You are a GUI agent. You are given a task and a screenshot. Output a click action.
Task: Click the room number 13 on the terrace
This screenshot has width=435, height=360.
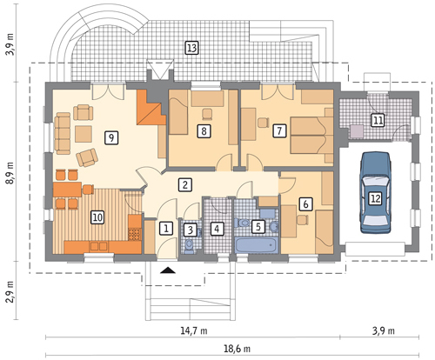click(191, 48)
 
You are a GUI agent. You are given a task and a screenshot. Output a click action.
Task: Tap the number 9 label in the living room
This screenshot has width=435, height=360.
click(111, 137)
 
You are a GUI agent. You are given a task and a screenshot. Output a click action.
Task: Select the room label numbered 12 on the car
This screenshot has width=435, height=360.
click(375, 198)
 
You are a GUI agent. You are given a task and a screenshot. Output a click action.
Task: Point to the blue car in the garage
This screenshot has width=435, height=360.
click(375, 192)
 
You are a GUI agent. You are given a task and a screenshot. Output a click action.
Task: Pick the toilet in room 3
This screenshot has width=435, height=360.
click(190, 246)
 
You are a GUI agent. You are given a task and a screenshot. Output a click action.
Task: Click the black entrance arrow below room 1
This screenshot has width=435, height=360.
click(168, 270)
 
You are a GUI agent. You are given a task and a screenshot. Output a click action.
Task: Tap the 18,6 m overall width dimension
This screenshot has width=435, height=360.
click(237, 349)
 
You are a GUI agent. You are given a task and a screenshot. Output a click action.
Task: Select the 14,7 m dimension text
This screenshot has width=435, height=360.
click(194, 330)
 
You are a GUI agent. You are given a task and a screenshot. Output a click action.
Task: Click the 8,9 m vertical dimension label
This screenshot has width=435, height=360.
click(10, 173)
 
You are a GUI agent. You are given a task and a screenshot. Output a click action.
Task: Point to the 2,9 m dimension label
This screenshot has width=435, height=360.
click(10, 291)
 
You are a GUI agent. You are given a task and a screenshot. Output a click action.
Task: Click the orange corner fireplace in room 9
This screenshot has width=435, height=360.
click(151, 107)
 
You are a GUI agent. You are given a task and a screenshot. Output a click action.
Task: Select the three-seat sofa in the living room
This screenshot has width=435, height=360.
click(63, 133)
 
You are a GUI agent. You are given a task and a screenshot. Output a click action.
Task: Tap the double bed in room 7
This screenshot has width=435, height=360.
click(312, 135)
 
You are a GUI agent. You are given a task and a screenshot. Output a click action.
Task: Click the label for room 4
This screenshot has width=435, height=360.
click(217, 229)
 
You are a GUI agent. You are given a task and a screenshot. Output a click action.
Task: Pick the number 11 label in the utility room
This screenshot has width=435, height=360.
click(378, 120)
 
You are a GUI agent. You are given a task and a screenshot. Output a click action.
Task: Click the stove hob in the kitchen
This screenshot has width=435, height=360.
click(135, 234)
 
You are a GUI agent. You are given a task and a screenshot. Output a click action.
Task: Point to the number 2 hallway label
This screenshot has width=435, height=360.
click(185, 184)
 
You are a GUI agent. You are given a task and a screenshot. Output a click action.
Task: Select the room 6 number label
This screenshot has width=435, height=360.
click(305, 204)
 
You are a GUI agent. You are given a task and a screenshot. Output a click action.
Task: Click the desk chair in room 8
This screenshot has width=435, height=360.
click(207, 114)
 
